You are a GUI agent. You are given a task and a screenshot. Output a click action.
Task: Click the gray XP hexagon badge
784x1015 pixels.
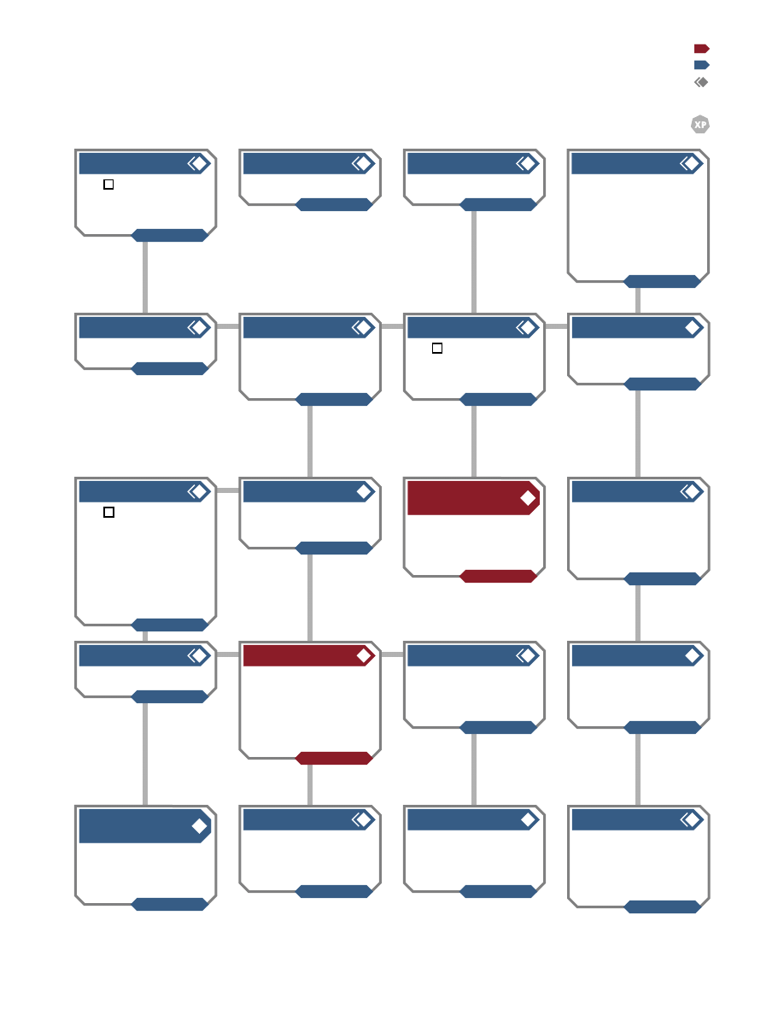[700, 124]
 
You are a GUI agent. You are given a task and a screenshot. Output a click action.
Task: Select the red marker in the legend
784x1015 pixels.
[702, 49]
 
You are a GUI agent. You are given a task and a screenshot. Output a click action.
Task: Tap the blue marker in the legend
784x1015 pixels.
[702, 65]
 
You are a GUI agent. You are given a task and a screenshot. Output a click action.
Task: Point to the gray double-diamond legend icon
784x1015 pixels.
[701, 82]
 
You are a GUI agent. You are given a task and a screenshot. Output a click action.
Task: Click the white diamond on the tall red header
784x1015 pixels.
[528, 498]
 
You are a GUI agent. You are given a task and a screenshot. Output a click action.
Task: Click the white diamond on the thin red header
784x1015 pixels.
[364, 656]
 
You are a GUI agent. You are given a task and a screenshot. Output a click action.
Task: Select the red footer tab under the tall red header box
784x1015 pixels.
[498, 576]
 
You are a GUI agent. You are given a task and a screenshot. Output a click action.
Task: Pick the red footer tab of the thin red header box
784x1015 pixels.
[334, 758]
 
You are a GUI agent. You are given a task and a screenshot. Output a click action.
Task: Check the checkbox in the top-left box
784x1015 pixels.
[108, 185]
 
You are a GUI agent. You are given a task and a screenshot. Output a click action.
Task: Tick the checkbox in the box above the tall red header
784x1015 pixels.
[437, 349]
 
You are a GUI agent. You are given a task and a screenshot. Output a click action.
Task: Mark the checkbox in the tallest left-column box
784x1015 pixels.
[108, 512]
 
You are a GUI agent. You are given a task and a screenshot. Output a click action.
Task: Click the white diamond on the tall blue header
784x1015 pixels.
[199, 826]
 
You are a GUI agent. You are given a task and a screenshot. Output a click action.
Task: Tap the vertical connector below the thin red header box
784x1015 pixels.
[310, 785]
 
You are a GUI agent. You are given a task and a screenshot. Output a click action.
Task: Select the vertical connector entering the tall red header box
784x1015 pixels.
[474, 442]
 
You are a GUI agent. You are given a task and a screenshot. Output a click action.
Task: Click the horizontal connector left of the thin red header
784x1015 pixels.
[228, 654]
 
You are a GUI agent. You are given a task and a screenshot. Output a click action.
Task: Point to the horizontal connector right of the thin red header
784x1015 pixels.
[392, 654]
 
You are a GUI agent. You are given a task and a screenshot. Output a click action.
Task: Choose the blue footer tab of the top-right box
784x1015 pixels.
[663, 282]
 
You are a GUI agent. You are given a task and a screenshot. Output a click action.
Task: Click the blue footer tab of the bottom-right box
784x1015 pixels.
[663, 906]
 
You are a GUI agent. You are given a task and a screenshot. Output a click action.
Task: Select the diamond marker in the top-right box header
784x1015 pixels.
[691, 164]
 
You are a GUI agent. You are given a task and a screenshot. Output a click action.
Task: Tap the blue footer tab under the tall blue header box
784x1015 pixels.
[169, 904]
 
